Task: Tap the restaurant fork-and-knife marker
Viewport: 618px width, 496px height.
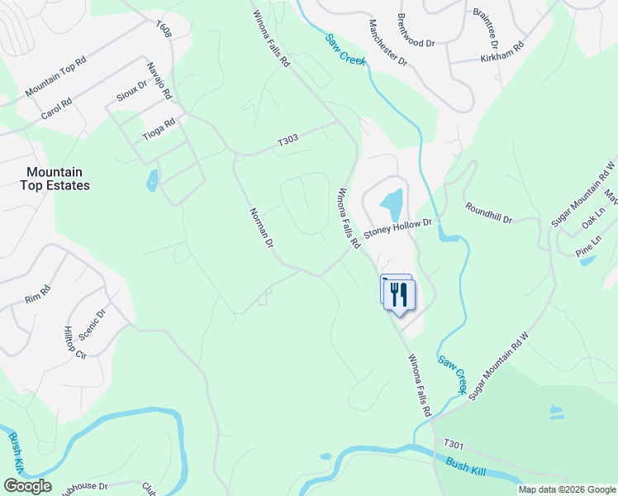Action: pos(400,294)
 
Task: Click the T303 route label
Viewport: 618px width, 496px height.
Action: pos(288,141)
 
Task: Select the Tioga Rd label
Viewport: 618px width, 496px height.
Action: pos(159,129)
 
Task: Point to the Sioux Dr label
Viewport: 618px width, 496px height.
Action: pos(131,90)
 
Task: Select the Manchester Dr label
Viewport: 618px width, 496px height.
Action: pos(388,43)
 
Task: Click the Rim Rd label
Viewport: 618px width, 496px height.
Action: pos(38,293)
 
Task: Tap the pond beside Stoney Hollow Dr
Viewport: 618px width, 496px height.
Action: pos(392,201)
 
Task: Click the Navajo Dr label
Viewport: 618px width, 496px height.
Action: pos(158,83)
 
